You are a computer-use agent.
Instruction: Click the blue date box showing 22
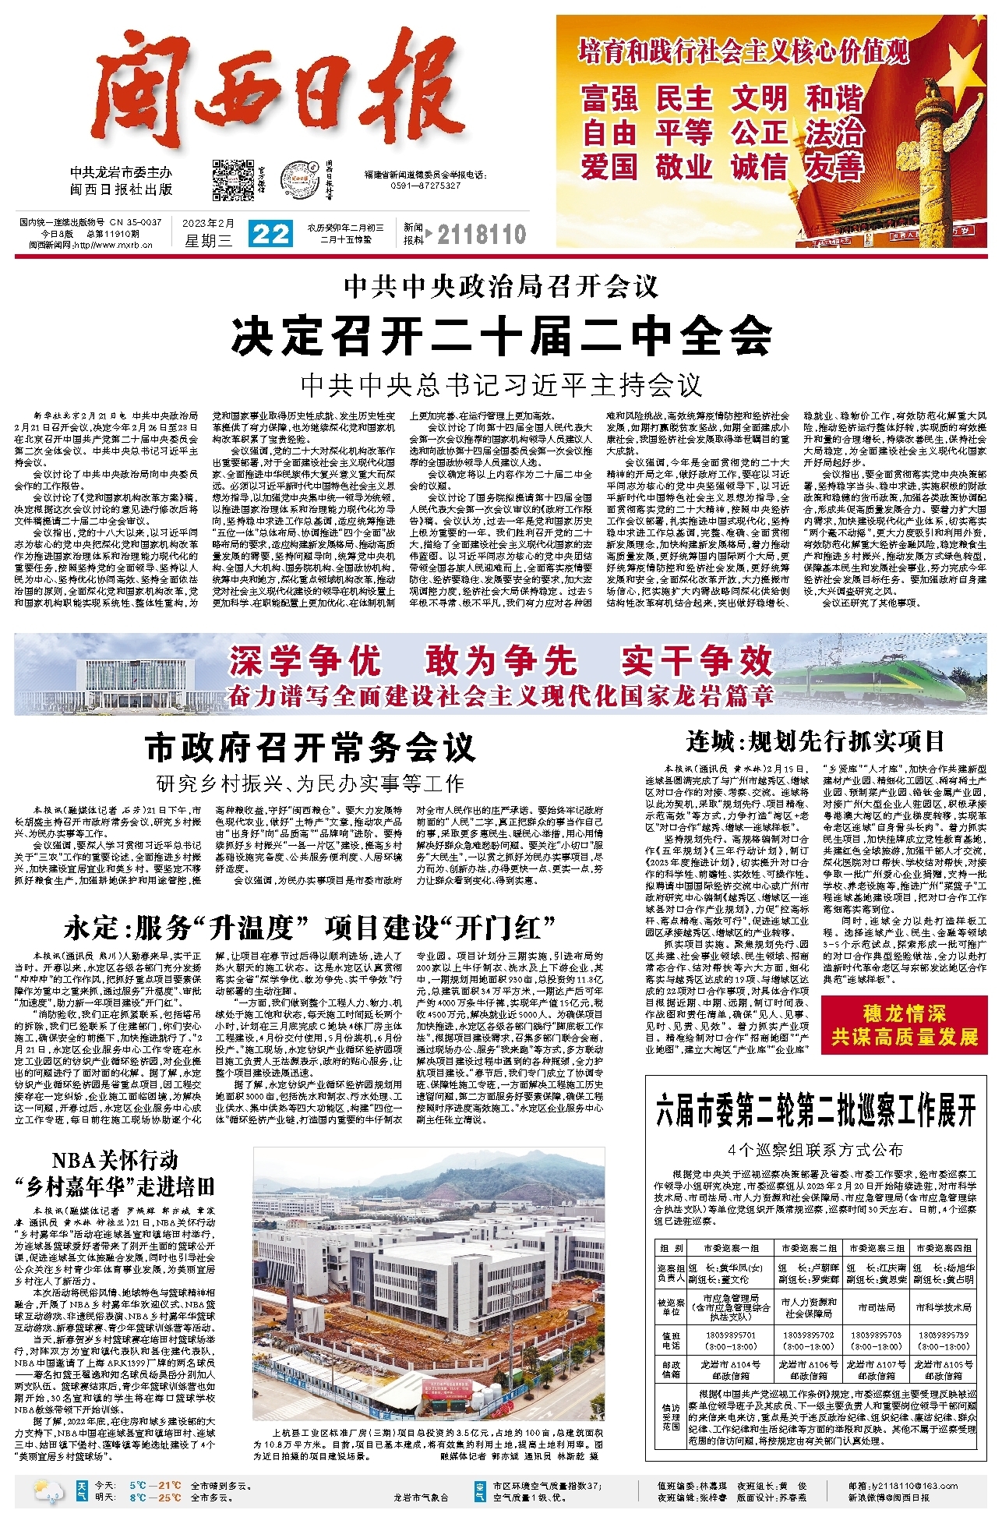point(270,234)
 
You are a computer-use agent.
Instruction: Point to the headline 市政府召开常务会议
point(310,748)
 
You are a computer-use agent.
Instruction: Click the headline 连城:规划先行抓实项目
point(815,740)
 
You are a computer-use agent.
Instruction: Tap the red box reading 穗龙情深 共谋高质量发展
point(904,1025)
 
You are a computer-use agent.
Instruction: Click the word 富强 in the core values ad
point(609,99)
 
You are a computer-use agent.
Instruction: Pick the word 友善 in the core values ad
point(834,166)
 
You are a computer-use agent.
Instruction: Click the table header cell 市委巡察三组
point(877,1248)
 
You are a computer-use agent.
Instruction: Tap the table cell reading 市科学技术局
point(943,1307)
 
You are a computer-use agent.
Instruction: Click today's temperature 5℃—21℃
point(155,1485)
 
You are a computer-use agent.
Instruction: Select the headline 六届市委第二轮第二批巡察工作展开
point(815,1111)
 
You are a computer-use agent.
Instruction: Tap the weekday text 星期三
point(208,241)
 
